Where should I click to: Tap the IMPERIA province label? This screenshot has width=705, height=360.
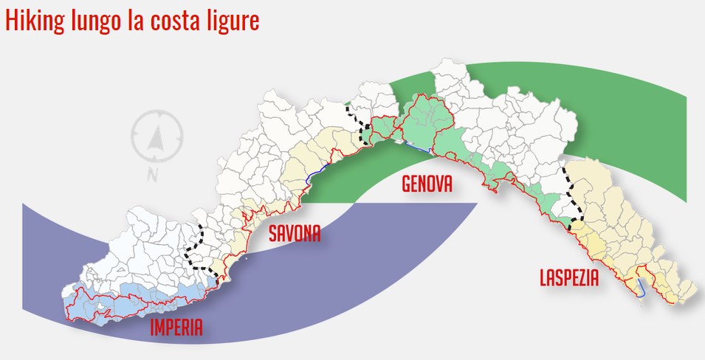[x=176, y=328]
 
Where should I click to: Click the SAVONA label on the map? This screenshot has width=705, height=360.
[x=295, y=234]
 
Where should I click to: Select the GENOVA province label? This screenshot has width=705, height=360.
[x=427, y=184]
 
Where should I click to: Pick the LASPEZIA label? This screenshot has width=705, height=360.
[x=569, y=278]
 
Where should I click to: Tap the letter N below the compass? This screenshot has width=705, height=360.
[x=153, y=175]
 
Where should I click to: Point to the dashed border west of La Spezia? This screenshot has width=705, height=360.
[x=572, y=193]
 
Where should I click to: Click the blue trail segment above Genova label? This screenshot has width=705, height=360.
[x=418, y=146]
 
